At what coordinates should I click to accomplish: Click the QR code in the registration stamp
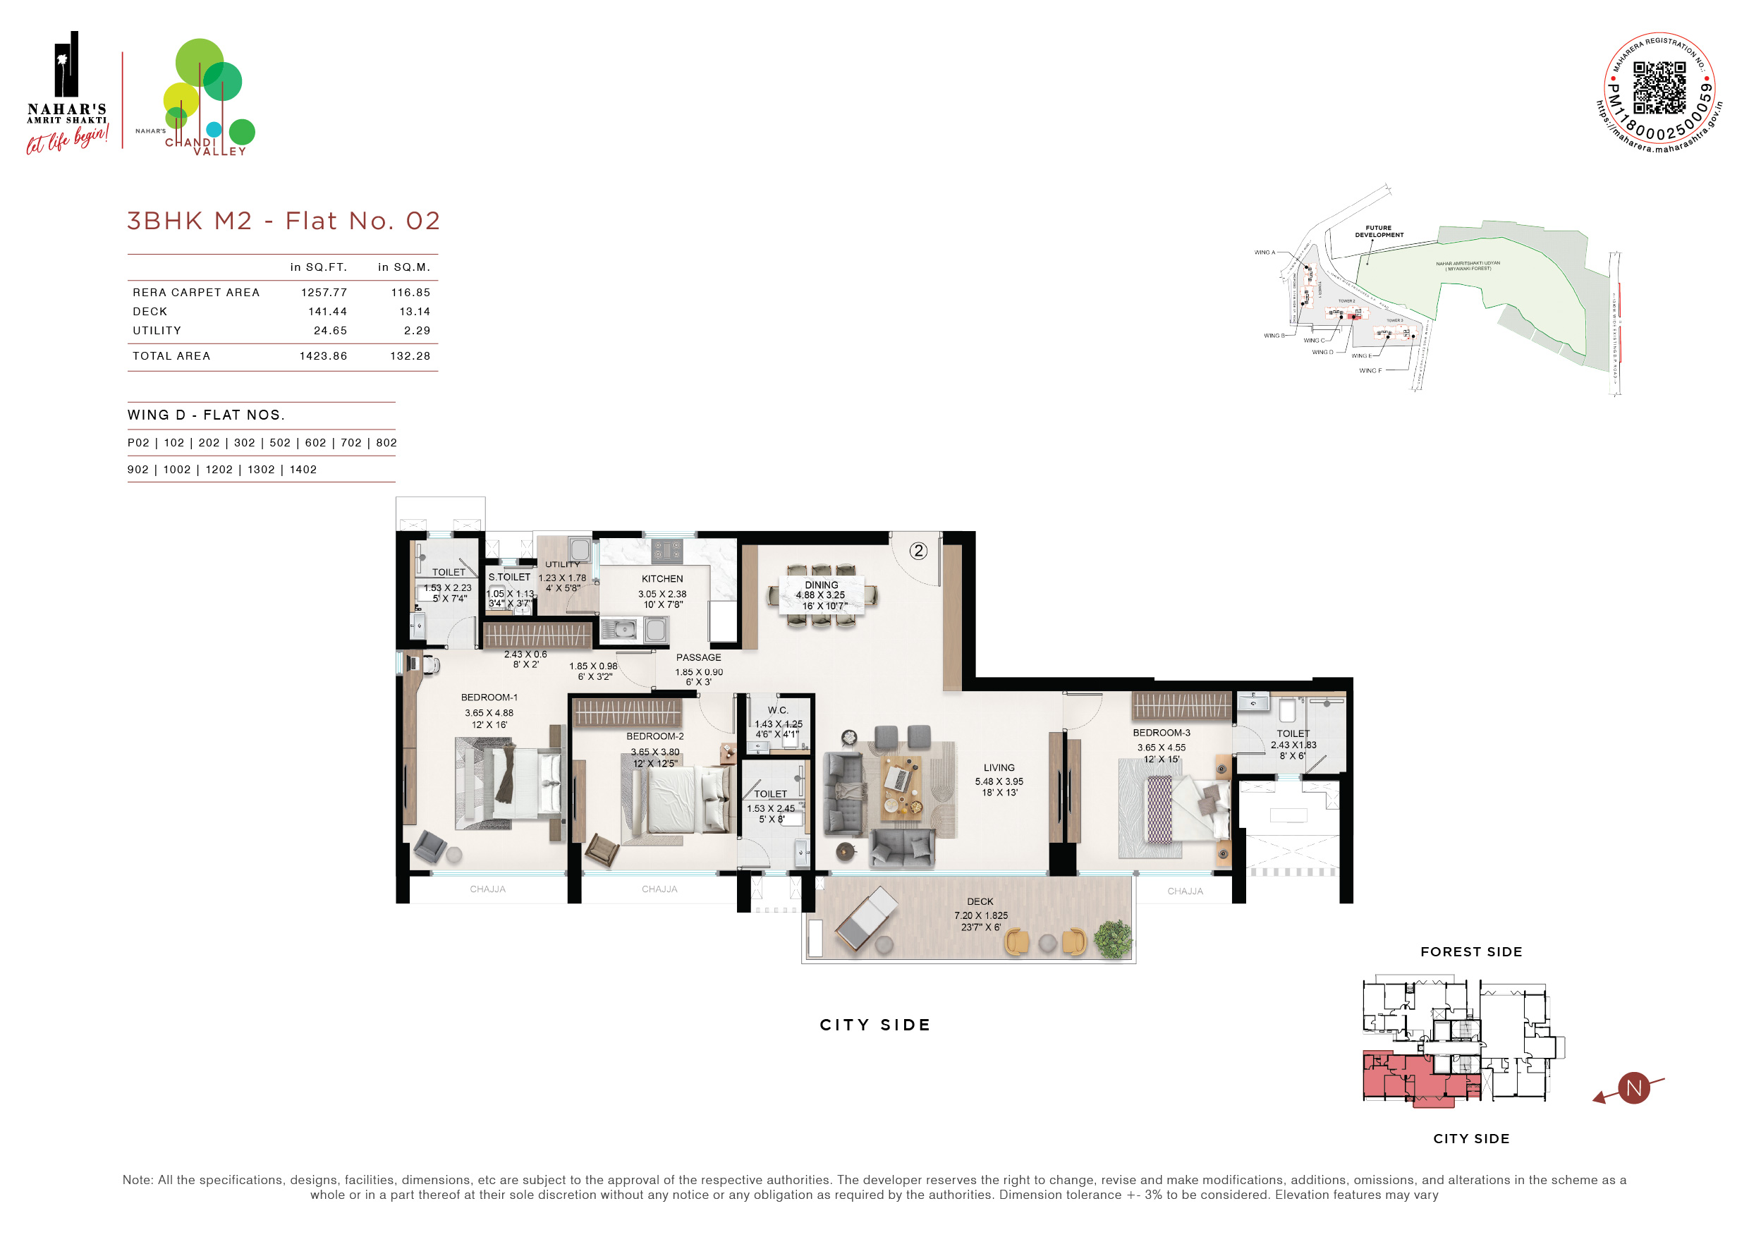point(1659,87)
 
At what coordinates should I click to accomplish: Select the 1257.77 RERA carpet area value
point(324,293)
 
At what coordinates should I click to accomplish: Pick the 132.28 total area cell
point(410,355)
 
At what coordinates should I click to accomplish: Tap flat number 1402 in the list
point(303,469)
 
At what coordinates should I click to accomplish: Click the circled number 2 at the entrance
point(919,551)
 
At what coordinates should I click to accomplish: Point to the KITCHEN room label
point(662,579)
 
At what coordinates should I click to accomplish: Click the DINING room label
point(821,585)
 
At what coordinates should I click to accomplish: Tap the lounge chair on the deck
point(867,918)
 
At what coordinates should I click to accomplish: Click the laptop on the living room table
point(896,779)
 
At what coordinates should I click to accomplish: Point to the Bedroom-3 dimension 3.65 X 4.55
point(1161,748)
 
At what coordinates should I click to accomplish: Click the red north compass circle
point(1633,1087)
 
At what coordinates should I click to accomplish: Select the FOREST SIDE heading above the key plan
point(1471,951)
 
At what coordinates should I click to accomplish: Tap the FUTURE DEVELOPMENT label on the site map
point(1379,231)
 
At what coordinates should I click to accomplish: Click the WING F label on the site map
point(1370,370)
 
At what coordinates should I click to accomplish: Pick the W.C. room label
point(778,710)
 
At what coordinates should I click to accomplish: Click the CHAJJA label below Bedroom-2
point(659,889)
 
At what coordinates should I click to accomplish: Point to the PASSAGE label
point(698,657)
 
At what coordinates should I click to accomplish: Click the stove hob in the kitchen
point(666,549)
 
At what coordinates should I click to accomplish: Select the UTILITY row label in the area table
point(157,331)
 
